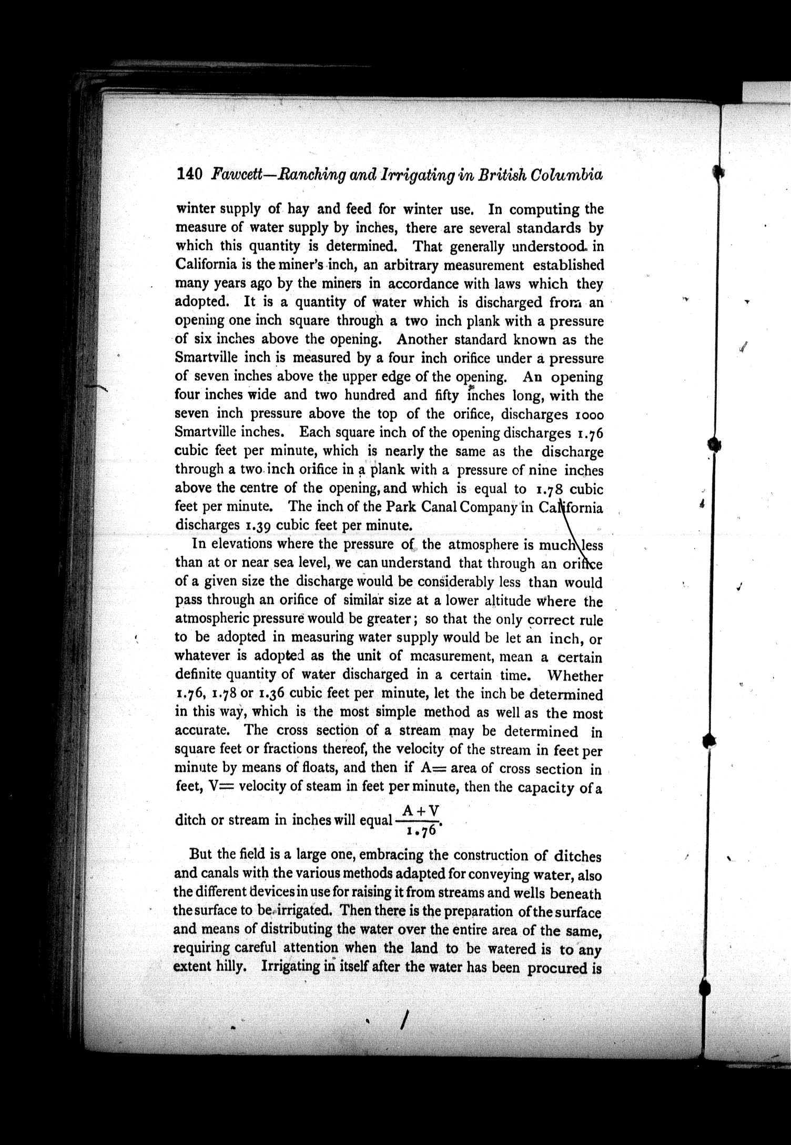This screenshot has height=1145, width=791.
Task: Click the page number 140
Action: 189,174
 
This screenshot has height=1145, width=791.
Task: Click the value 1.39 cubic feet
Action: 258,526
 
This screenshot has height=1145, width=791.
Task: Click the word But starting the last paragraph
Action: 200,855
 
